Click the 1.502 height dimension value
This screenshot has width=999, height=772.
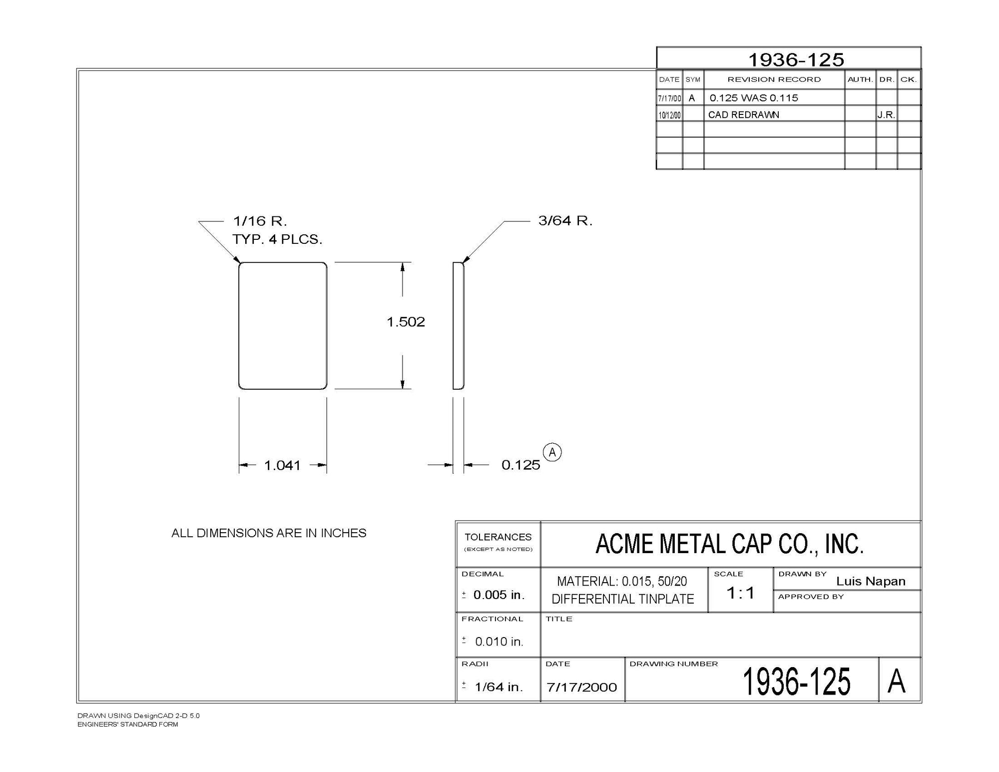coord(406,322)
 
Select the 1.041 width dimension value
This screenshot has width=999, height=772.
coord(282,466)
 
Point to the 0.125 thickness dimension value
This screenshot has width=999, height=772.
coord(520,465)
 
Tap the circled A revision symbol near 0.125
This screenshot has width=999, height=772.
coord(552,452)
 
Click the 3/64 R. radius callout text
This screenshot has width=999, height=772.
coord(565,221)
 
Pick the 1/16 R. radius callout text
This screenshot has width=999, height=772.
coord(260,221)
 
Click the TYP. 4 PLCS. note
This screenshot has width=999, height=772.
coord(277,239)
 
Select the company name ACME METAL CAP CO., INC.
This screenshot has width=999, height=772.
coord(729,544)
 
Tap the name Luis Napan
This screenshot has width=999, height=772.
coord(871,581)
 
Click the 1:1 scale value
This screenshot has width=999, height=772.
coord(740,593)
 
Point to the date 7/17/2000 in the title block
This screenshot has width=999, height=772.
coord(581,687)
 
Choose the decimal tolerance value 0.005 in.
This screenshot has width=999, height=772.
coord(499,595)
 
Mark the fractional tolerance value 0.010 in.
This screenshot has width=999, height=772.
coord(499,642)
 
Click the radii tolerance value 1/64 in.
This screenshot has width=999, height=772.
coord(499,687)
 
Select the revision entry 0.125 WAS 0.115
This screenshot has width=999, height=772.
coord(753,98)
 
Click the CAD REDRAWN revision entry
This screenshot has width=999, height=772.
coord(743,115)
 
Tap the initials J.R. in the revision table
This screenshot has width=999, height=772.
coord(886,115)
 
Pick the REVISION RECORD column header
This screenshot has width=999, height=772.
coord(774,79)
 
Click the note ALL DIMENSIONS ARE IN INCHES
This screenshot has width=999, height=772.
coord(269,533)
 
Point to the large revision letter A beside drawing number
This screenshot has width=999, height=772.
coord(896,681)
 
